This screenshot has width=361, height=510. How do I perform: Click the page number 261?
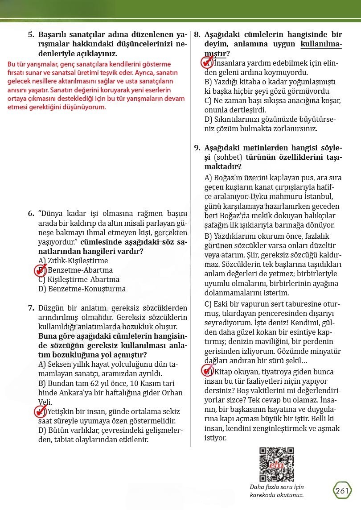coord(341,491)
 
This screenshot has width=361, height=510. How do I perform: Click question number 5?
coord(31,34)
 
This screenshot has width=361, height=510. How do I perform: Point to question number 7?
coord(31,308)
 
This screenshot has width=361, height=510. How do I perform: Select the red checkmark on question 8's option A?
coord(207,62)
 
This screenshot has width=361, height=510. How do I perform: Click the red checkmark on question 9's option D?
coord(207,371)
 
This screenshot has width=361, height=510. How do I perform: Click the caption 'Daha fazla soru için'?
coord(277,487)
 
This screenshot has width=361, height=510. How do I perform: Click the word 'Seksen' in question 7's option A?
coord(59,365)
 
